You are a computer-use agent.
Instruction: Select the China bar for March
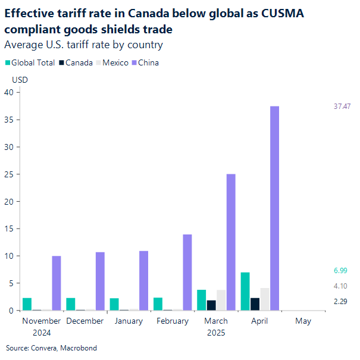click(x=231, y=242)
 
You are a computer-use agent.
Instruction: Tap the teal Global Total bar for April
click(x=245, y=292)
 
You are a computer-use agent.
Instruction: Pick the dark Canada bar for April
click(x=255, y=304)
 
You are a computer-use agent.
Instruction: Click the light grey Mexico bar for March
click(x=221, y=300)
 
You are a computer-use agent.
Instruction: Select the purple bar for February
click(x=187, y=273)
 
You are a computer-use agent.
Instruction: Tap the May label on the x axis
click(x=303, y=321)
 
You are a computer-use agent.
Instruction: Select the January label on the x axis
click(x=129, y=321)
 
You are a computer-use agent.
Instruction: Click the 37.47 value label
click(x=342, y=107)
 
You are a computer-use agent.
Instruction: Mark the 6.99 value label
click(x=340, y=271)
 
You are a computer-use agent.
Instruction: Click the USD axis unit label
click(x=20, y=79)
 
